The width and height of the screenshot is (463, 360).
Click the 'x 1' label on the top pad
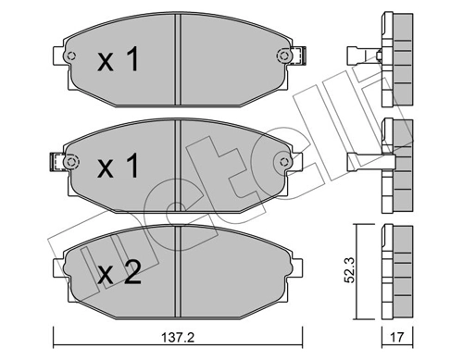[x=118, y=61]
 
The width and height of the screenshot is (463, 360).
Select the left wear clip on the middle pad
[x=65, y=164]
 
